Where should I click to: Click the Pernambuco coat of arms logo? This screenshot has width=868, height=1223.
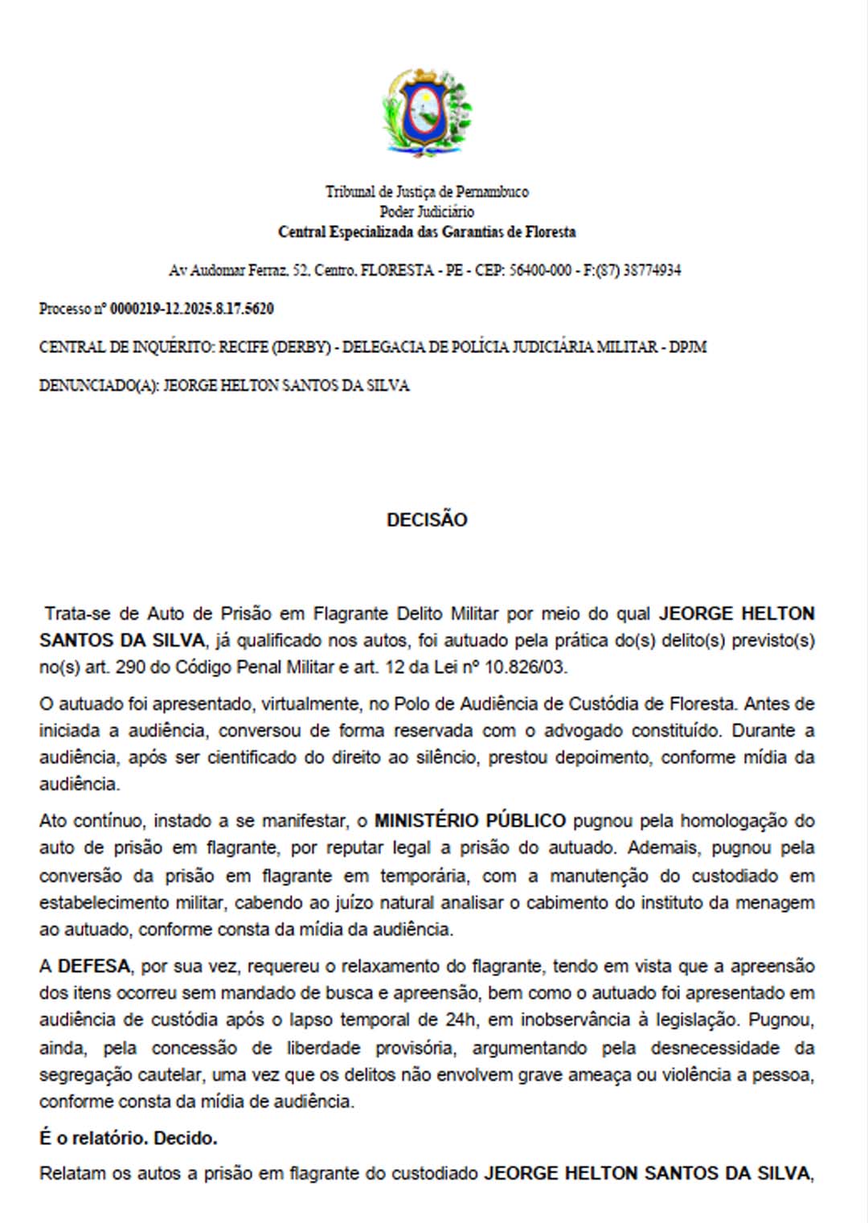point(426,113)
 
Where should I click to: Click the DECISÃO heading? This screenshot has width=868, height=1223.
point(427,520)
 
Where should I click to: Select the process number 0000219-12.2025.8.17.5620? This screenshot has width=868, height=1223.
point(191,309)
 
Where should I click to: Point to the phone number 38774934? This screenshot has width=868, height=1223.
point(652,270)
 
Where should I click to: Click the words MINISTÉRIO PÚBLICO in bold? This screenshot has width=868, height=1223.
point(470,821)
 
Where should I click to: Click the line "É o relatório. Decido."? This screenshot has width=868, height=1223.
point(129,1139)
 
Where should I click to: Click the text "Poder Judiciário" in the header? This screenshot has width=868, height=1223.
point(427,211)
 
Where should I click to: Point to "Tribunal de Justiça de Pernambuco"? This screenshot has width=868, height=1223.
point(427,191)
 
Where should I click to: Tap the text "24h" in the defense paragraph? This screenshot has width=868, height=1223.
point(461,1020)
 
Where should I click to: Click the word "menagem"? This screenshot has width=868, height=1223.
point(777,902)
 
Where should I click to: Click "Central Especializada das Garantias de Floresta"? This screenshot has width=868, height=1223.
point(427,232)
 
